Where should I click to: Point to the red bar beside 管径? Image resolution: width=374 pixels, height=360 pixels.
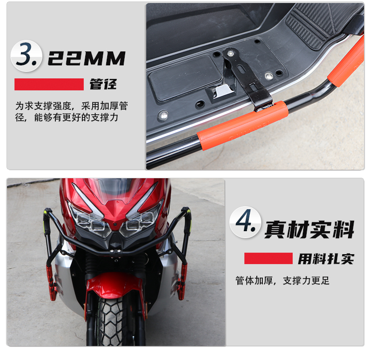click(x=49, y=84)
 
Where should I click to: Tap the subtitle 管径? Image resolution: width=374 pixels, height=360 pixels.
click(x=103, y=84)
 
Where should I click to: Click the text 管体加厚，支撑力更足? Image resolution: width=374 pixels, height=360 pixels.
click(x=282, y=281)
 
